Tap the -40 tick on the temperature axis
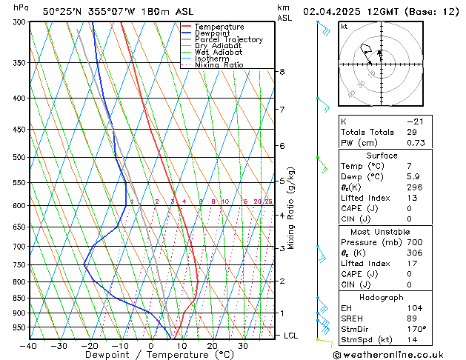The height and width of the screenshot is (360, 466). point(29,346)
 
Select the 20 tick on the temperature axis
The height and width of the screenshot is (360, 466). point(212,346)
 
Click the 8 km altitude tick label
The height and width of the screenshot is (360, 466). point(282,72)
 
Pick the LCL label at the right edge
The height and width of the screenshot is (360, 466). point(292,336)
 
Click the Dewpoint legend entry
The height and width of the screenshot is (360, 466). point(211,33)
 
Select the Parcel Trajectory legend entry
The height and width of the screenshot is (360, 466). point(228,40)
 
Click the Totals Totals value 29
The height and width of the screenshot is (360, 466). point(411,132)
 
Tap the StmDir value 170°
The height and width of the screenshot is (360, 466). point(416,329)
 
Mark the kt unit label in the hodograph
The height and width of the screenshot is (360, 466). point(344,26)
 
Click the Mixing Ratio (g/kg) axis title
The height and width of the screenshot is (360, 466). point(291,208)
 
